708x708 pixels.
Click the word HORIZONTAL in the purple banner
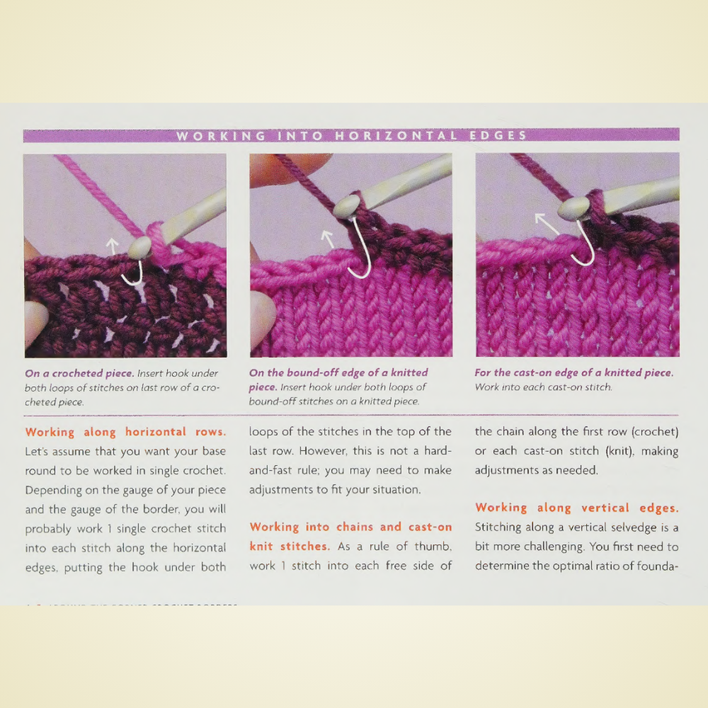click(396, 135)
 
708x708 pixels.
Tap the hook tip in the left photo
click(139, 247)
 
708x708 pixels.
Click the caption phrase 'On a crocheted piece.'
click(79, 373)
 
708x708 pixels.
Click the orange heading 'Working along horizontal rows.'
click(125, 432)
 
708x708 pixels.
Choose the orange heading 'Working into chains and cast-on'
click(350, 527)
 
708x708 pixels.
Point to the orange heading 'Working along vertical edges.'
click(576, 508)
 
